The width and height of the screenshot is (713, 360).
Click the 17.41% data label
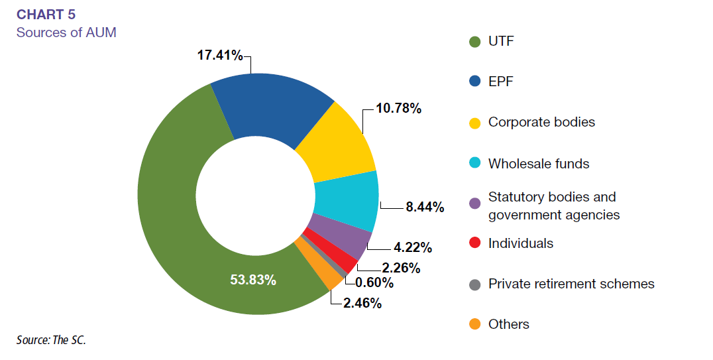tap(219, 55)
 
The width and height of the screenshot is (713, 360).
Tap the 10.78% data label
tap(399, 108)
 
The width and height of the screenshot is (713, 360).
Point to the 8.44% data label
tap(425, 208)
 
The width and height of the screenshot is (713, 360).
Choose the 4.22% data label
tap(413, 249)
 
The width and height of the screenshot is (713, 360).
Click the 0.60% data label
tap(374, 283)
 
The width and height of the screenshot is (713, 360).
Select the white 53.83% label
tap(253, 280)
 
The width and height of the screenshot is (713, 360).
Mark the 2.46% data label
tap(361, 305)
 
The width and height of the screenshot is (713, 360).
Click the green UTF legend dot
tap(474, 42)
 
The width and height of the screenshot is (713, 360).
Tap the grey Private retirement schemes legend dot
tap(474, 284)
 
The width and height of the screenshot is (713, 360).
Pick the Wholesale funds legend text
tap(539, 163)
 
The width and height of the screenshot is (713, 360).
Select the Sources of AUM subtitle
tap(66, 32)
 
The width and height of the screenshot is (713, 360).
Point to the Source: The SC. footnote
tap(51, 340)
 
